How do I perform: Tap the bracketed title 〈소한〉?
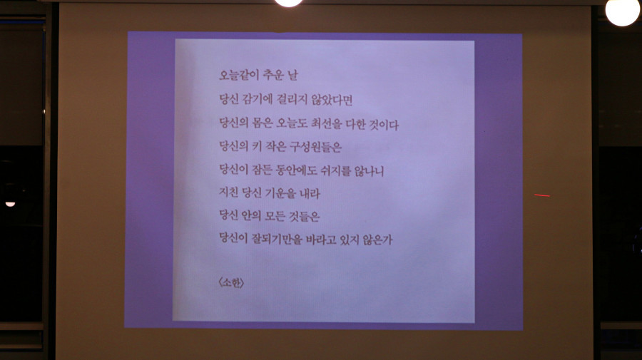[232, 283]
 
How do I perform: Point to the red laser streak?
[542, 195]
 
